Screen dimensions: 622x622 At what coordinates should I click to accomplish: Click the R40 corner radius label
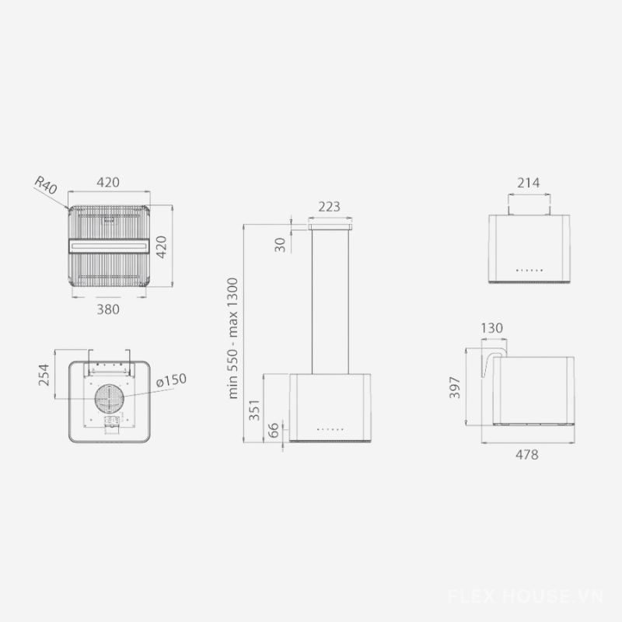click(46, 185)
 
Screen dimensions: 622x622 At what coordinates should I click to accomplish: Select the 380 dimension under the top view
click(108, 309)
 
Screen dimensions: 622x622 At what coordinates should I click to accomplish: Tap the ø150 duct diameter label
click(171, 380)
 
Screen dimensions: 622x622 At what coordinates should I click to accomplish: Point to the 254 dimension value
click(44, 375)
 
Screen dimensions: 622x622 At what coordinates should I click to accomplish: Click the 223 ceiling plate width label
click(329, 207)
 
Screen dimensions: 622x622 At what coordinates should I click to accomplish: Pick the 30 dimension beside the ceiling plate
click(280, 245)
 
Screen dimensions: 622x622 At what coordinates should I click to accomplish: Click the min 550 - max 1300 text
click(232, 338)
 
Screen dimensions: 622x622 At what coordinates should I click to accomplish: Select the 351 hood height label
click(254, 411)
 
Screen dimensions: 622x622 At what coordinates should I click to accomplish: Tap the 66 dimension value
click(274, 431)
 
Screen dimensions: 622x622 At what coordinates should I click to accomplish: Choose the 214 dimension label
click(529, 183)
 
